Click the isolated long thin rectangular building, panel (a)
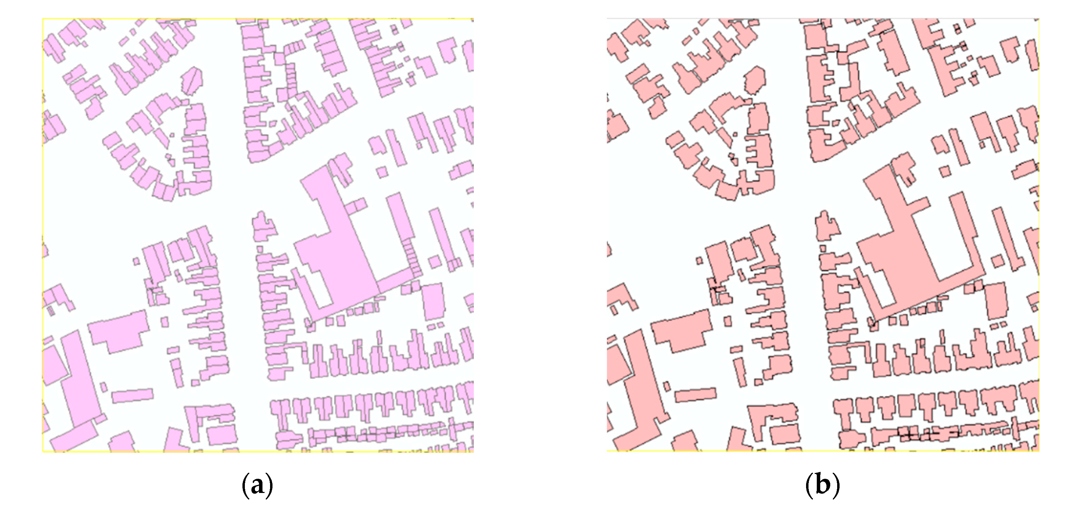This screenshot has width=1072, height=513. [132, 395]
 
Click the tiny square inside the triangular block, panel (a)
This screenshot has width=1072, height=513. [172, 134]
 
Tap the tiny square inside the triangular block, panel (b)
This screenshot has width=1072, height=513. [735, 134]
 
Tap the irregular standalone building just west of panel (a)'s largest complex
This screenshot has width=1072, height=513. [263, 227]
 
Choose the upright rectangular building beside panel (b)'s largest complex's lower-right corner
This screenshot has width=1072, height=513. [996, 301]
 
